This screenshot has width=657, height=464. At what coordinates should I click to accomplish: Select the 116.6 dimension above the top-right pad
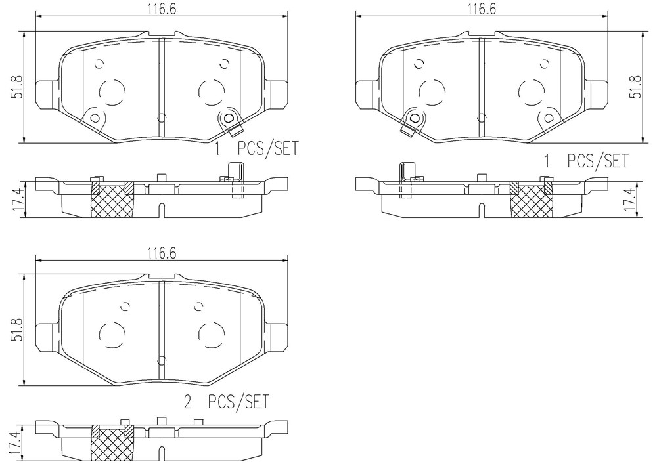pos(481,9)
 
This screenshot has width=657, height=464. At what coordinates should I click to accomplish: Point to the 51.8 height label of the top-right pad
pos(637,87)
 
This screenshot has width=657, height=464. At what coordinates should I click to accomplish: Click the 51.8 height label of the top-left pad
pos(18,87)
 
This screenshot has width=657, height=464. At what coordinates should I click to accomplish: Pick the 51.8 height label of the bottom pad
pos(18,330)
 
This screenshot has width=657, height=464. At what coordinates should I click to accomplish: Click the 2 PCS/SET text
pos(226,402)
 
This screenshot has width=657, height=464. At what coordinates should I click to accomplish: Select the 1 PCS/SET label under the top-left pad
pos(256,148)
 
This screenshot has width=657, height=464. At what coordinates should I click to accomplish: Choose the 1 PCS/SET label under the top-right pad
pos(586,161)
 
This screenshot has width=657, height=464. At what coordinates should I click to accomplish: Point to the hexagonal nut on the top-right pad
pos(415,118)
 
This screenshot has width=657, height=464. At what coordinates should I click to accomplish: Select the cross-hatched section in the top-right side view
pos(530,201)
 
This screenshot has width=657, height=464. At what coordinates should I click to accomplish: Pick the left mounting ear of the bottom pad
pos(47,337)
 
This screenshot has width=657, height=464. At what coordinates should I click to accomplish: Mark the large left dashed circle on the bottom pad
pos(112,335)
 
